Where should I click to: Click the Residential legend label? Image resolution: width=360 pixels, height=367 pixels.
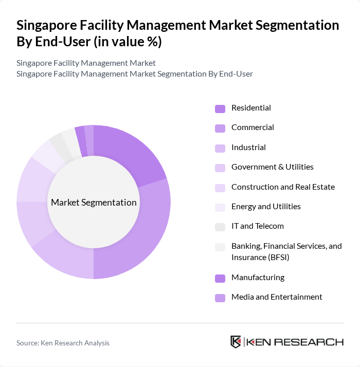point(251,108)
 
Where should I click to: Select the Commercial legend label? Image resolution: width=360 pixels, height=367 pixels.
point(253,127)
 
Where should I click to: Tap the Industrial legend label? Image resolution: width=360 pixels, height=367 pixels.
point(248,148)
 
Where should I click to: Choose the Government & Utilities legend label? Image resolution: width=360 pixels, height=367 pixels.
point(272,167)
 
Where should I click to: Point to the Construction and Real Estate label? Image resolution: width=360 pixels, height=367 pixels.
point(283,187)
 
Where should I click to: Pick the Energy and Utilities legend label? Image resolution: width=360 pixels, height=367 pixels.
point(266,207)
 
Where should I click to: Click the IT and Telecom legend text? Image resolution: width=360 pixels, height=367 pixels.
point(257,226)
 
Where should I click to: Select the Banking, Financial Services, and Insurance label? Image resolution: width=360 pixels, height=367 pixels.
point(286,251)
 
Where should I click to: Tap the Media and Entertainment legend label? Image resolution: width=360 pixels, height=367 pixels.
point(277,297)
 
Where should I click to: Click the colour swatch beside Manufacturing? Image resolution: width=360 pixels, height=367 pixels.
point(220,278)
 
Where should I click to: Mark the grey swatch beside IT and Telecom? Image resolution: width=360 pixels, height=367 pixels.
point(220,227)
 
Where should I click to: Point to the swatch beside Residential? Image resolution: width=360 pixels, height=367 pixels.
point(220,108)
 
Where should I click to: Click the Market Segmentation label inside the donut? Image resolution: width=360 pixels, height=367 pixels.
point(94,203)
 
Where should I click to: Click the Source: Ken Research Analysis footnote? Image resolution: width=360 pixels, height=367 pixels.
point(63,343)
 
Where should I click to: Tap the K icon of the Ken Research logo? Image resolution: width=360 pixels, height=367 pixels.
point(236,342)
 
